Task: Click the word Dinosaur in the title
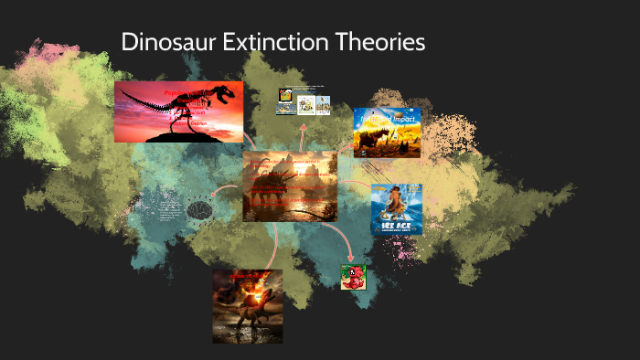170,43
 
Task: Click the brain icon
199,210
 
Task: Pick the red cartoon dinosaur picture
353,277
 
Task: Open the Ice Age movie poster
396,208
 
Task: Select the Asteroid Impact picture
387,132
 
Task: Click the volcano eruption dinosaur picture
247,306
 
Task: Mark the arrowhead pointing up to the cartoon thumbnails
303,122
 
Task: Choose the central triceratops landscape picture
289,186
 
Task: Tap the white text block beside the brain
169,210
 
